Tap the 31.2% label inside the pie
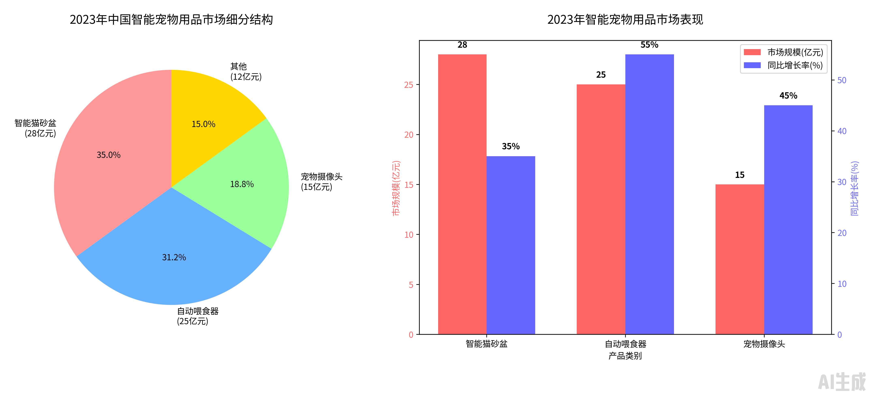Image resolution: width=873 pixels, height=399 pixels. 174,258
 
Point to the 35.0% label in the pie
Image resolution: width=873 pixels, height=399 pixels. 108,155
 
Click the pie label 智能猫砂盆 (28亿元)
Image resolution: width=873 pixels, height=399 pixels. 36,128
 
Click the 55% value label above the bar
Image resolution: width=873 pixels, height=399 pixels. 649,45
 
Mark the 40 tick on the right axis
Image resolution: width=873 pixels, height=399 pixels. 842,131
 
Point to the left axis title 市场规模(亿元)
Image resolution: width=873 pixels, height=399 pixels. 396,188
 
